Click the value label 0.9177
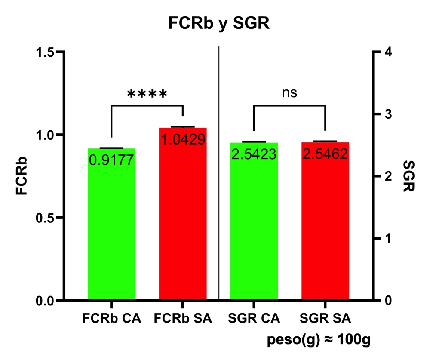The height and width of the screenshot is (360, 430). pyautogui.click(x=112, y=160)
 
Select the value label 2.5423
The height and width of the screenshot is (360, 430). pyautogui.click(x=254, y=154)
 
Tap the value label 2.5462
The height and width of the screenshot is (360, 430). pyautogui.click(x=325, y=154)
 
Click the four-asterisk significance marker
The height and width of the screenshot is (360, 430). pyautogui.click(x=147, y=94)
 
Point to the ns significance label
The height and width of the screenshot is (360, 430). pyautogui.click(x=289, y=93)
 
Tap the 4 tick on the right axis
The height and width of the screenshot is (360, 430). pyautogui.click(x=389, y=52)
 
